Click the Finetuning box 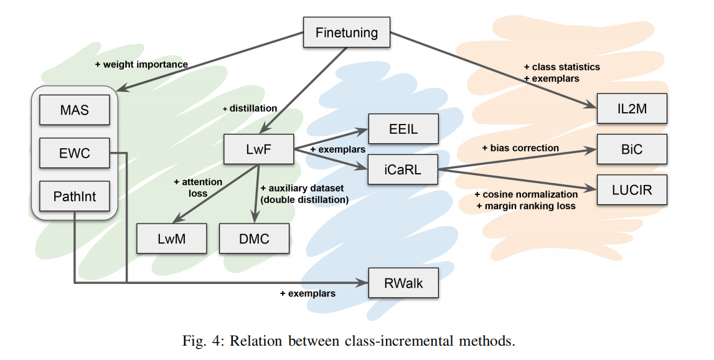pos(346,32)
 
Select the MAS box pos(74,110)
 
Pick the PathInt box pos(74,197)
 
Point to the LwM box pos(171,239)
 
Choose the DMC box pos(254,239)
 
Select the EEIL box pos(403,130)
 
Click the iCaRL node pos(403,169)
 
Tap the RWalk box pos(403,283)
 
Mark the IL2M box pos(632,109)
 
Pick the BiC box pos(632,149)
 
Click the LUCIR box pos(632,189)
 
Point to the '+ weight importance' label pos(141,64)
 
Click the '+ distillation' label pos(250,108)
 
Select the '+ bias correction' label pos(520,148)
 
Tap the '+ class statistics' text pos(562,67)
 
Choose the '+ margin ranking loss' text pos(525,206)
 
